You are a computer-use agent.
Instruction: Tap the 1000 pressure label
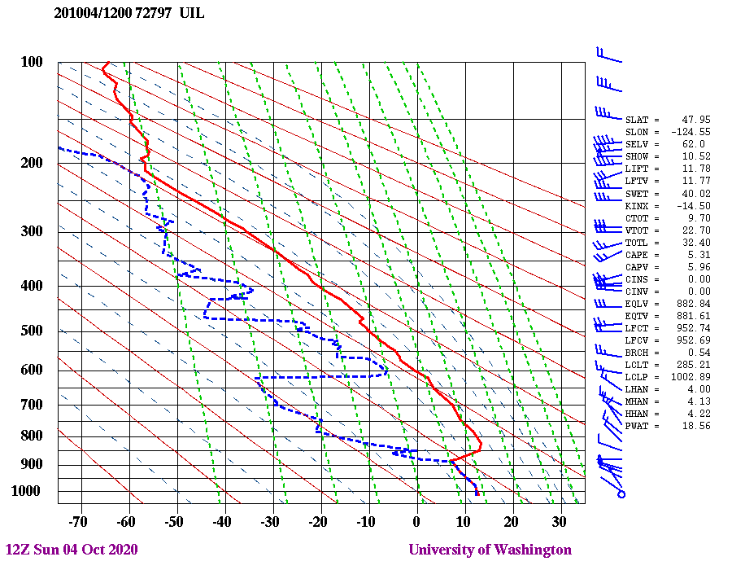pyautogui.click(x=27, y=491)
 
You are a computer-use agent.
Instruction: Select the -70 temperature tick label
pyautogui.click(x=78, y=521)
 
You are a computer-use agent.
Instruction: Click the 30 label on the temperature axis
pyautogui.click(x=559, y=521)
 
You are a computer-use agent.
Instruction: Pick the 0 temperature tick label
pyautogui.click(x=416, y=521)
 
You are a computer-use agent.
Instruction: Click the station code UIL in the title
pyautogui.click(x=193, y=13)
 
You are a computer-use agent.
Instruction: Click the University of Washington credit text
pyautogui.click(x=490, y=550)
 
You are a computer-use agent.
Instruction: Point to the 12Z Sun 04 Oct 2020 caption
pyautogui.click(x=72, y=550)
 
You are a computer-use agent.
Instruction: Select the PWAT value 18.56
pyautogui.click(x=696, y=426)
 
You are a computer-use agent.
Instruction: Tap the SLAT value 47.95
pyautogui.click(x=696, y=120)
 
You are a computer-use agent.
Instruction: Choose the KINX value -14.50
pyautogui.click(x=694, y=206)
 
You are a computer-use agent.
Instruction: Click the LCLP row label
pyautogui.click(x=638, y=377)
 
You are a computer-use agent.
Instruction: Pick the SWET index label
pyautogui.click(x=638, y=194)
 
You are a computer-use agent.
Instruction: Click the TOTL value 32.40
pyautogui.click(x=696, y=243)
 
